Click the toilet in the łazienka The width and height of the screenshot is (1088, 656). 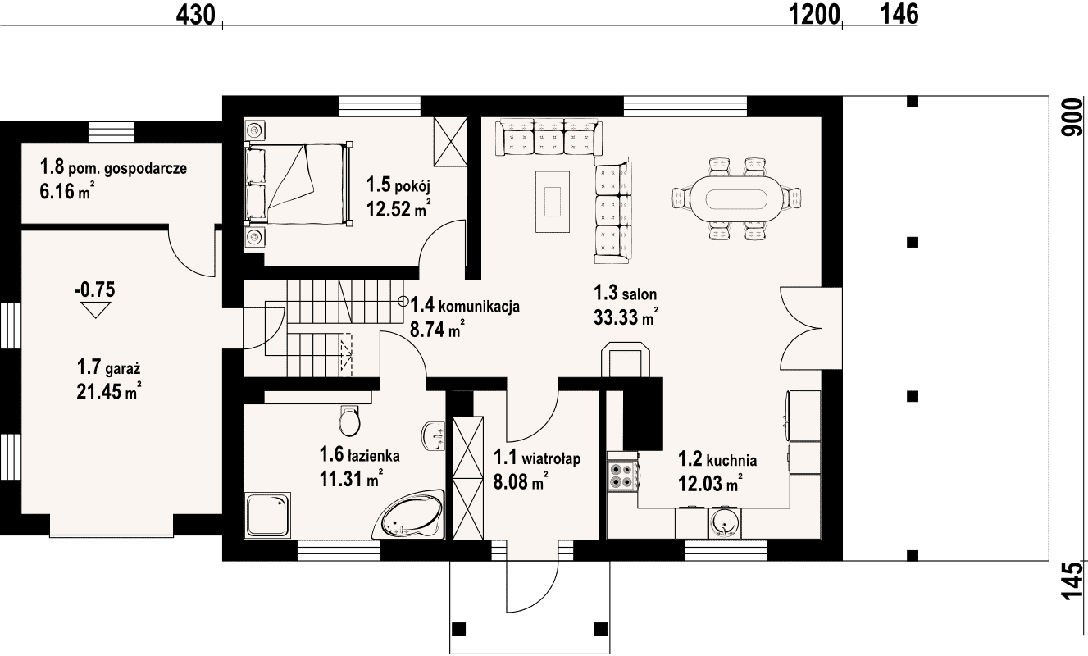[x=349, y=421]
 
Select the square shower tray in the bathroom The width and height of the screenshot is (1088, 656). [x=267, y=515]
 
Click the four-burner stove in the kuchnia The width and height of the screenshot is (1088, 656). [x=622, y=476]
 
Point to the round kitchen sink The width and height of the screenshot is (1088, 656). [x=725, y=523]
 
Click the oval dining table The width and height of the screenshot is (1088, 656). [x=737, y=198]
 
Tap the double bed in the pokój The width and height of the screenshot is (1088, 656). [x=298, y=184]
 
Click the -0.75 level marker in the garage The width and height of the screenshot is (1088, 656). [x=95, y=300]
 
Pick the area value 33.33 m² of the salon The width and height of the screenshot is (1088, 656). [x=626, y=317]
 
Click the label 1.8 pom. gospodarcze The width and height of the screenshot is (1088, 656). [x=113, y=167]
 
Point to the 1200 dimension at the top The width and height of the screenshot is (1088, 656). [x=814, y=15]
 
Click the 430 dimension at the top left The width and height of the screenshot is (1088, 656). [x=195, y=15]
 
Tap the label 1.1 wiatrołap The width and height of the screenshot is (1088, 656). [x=537, y=458]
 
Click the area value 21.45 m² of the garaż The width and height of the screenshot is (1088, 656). [x=109, y=391]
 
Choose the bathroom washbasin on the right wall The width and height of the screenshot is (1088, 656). [x=433, y=436]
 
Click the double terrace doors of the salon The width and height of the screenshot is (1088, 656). [x=801, y=328]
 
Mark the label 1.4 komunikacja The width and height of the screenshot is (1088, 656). [x=465, y=306]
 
